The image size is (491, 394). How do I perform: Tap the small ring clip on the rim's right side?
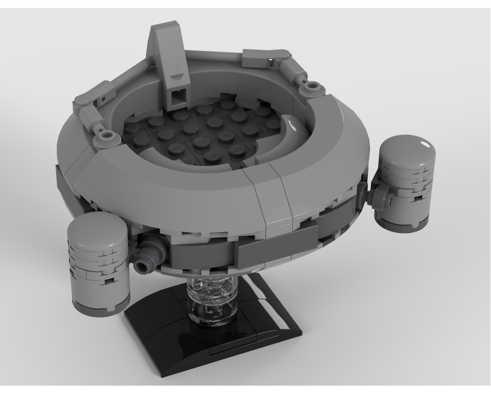click(x=311, y=87)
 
